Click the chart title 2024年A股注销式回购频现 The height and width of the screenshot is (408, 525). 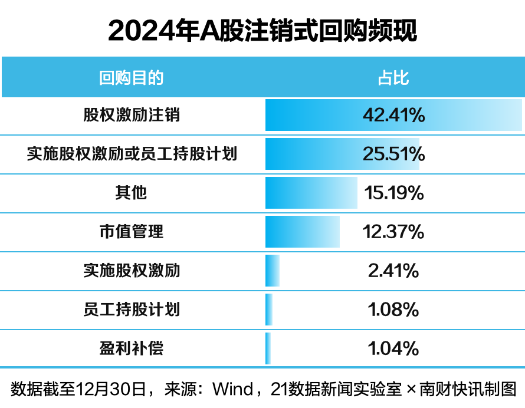pos(262,31)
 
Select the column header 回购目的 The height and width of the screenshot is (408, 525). pos(131,78)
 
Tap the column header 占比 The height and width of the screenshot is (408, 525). pos(393,78)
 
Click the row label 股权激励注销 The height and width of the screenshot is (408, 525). pos(132,115)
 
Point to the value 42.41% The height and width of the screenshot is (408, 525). pos(393,115)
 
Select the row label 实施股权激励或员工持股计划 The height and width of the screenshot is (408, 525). pos(132,154)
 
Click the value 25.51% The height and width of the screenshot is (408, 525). pos(393,154)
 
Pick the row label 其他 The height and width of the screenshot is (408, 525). pos(132,193)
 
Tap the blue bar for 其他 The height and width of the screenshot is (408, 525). pos(311,193)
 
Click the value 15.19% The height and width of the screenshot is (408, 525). pos(393,193)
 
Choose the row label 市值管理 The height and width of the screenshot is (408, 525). pos(132,232)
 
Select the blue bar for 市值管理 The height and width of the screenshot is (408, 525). pos(302,232)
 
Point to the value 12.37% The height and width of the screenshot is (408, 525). pos(393,232)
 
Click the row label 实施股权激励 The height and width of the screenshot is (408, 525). pos(132,271)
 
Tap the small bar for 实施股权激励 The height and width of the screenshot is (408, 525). pos(272,271)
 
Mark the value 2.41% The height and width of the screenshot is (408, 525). pos(393,271)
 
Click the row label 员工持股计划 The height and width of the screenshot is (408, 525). pos(132,310)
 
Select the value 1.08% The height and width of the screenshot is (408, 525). pos(393,310)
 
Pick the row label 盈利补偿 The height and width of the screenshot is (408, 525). pos(132,348)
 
